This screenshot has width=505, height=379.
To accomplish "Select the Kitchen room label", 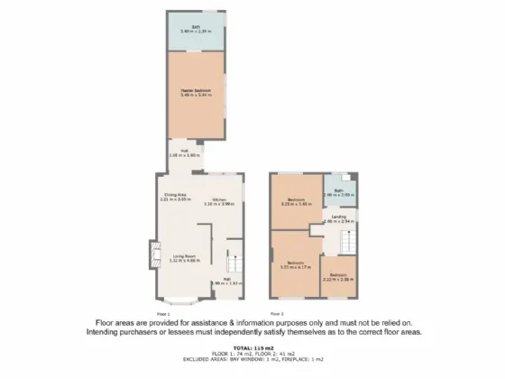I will [219, 199].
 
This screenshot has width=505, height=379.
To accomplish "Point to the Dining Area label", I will [175, 195].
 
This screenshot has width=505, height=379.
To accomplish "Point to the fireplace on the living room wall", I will [152, 252].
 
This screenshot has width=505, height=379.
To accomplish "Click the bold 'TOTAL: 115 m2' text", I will [252, 347].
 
